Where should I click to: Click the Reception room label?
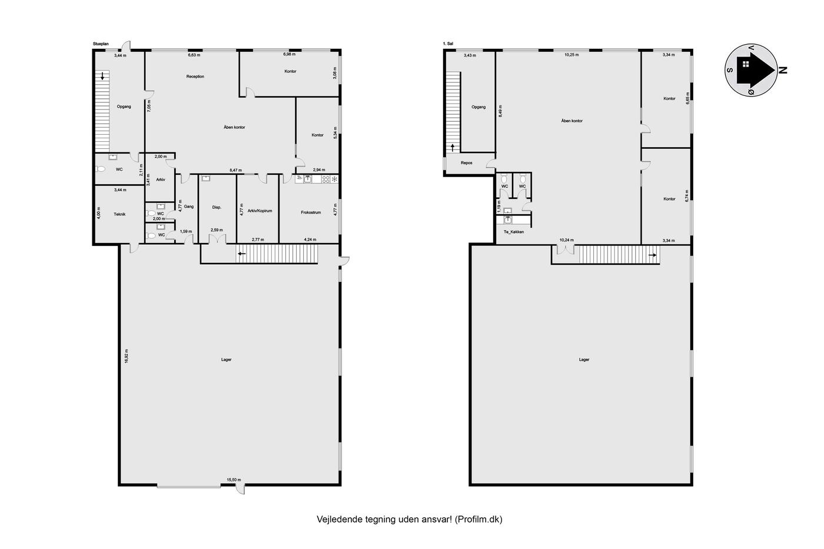tap(195, 76)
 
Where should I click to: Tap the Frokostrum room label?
tap(311, 212)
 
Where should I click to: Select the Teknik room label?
tap(119, 214)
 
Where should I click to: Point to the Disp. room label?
tap(217, 207)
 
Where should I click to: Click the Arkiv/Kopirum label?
tap(260, 211)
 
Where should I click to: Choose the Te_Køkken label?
tap(513, 232)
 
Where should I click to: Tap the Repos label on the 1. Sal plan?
tap(466, 163)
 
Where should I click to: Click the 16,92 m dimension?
tap(127, 356)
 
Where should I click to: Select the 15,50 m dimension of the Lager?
tap(234, 480)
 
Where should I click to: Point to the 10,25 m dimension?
tap(572, 55)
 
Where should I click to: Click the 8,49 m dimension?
tap(500, 111)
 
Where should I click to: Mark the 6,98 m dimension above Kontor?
tap(290, 54)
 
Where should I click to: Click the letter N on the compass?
tap(783, 70)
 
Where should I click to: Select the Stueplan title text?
tap(101, 44)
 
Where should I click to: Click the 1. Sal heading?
tap(448, 44)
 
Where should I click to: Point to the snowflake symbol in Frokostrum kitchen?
tap(334, 179)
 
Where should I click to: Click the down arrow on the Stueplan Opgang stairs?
tap(102, 76)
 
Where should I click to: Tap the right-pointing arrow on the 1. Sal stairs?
tap(652, 255)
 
